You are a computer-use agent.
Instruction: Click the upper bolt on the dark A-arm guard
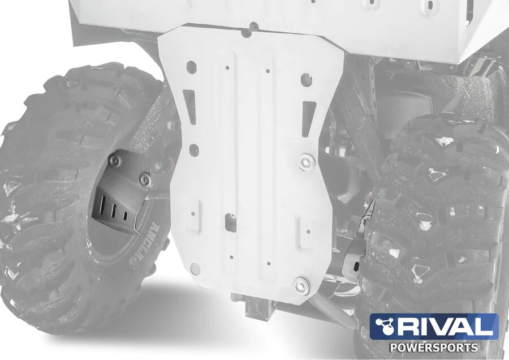115,161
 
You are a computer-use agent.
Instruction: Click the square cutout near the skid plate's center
231,221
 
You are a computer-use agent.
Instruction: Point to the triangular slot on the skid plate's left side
190,106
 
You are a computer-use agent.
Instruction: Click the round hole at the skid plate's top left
191,65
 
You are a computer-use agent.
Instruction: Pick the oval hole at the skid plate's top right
307,80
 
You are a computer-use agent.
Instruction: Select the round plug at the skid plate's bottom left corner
196,268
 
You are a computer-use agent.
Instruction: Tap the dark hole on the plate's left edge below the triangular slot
193,150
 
